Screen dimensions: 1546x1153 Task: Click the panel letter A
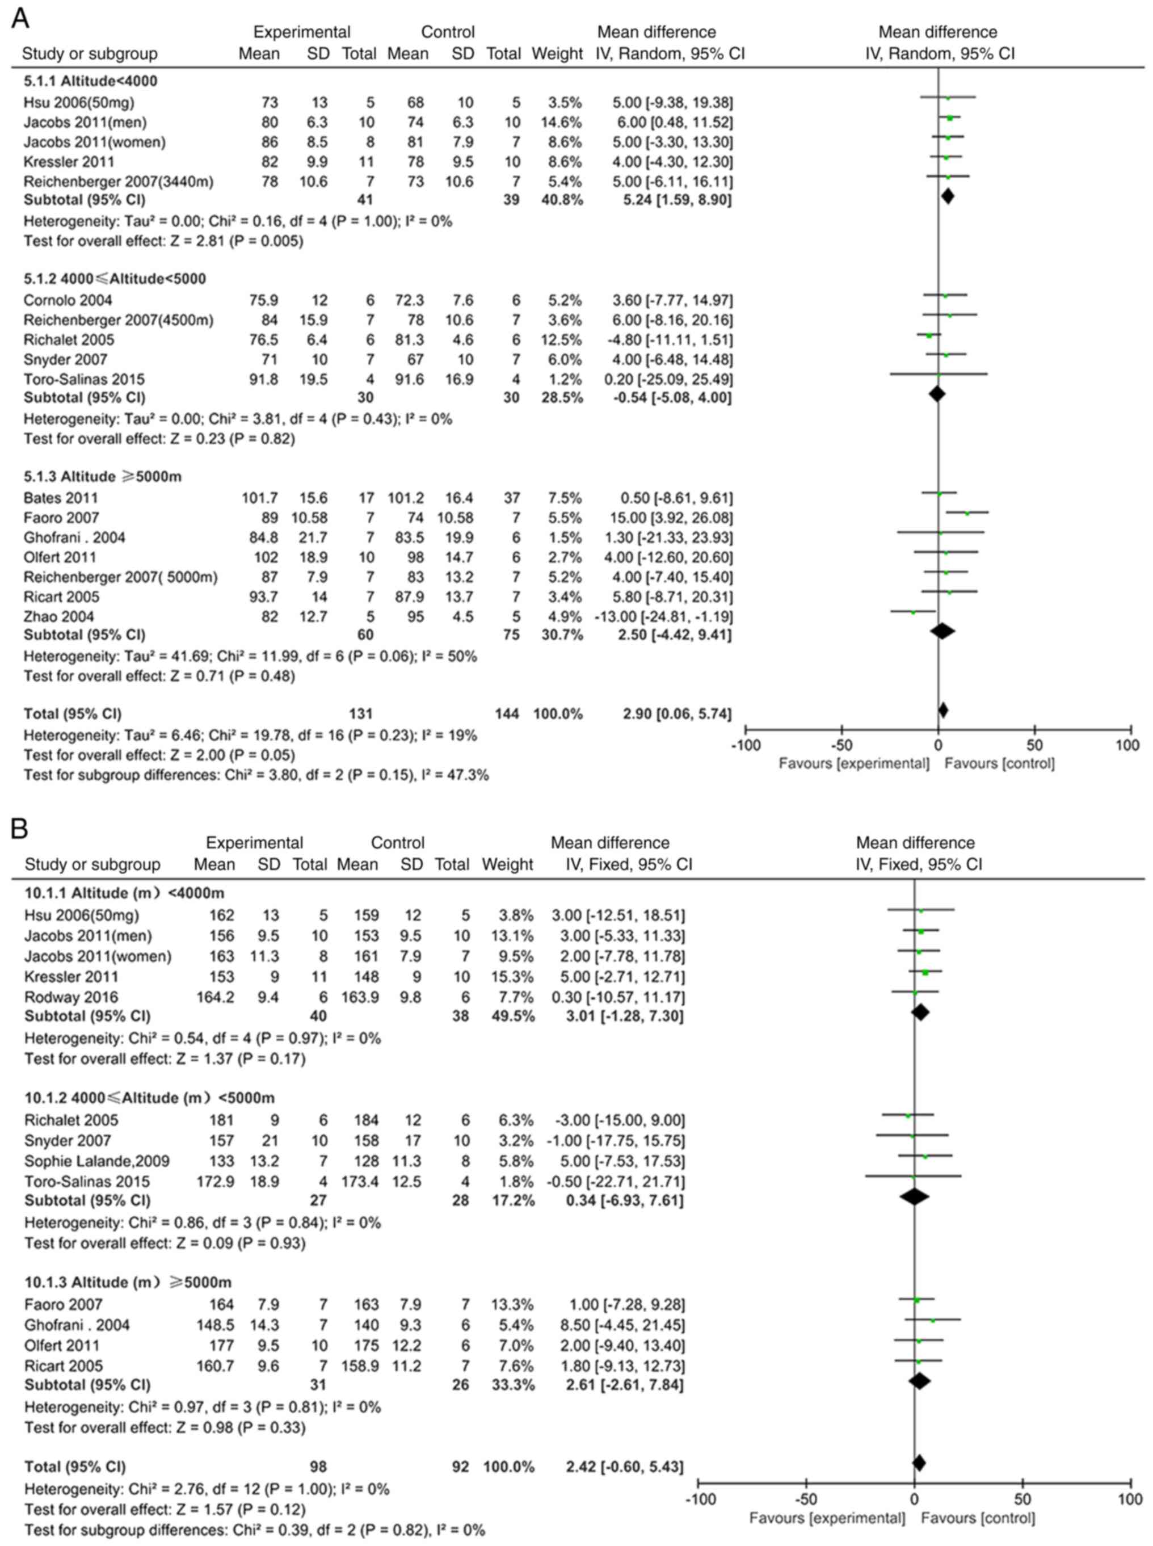click(x=20, y=18)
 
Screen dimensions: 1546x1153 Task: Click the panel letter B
click(x=19, y=829)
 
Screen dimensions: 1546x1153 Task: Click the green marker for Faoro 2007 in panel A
click(x=967, y=513)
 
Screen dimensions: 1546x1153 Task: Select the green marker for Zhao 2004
click(x=913, y=612)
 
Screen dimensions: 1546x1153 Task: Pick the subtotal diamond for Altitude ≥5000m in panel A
click(x=942, y=631)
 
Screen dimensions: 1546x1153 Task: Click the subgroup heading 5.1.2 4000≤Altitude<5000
click(x=115, y=279)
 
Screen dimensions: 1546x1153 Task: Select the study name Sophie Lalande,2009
click(x=97, y=1161)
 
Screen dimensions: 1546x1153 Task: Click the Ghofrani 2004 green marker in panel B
click(x=932, y=1321)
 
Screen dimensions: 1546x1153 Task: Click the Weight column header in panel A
click(x=557, y=54)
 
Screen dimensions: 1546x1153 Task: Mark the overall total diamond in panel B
click(x=919, y=1463)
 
